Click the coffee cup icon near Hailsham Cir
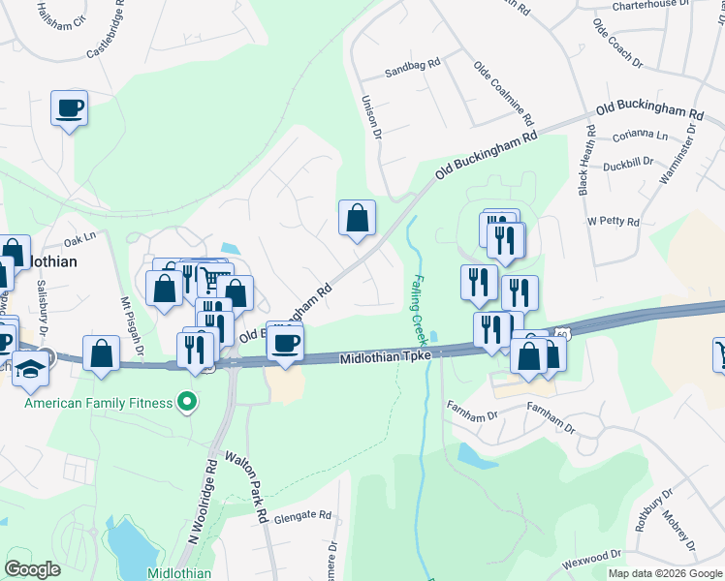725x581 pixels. (70, 108)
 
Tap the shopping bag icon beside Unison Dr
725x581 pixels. (358, 218)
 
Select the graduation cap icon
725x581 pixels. (31, 368)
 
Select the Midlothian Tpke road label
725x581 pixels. (384, 358)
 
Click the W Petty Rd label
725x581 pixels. (614, 222)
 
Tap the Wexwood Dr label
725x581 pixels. (590, 557)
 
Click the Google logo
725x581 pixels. (32, 569)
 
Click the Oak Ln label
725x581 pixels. (80, 237)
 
